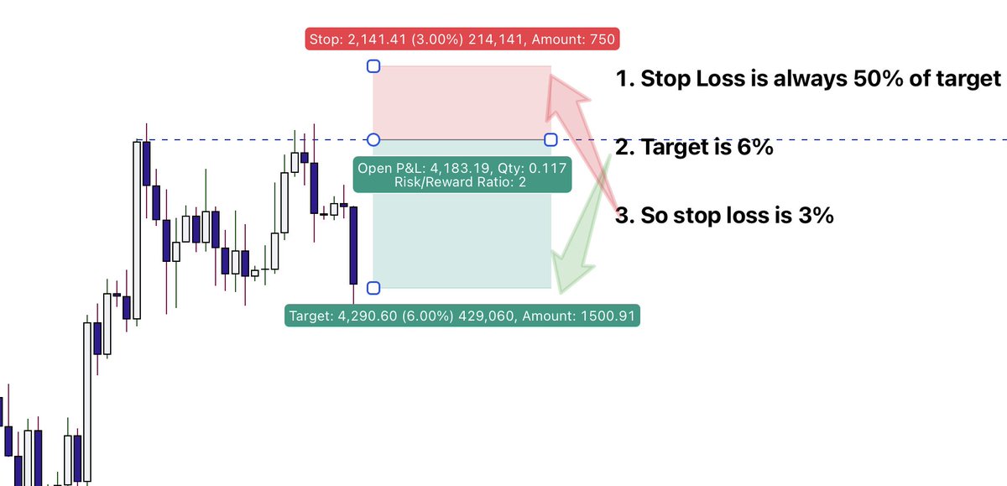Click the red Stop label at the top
(464, 39)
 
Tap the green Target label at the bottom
(463, 316)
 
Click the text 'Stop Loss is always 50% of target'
(809, 79)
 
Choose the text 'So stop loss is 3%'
(724, 216)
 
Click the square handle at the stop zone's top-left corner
(374, 66)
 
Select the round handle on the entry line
(374, 139)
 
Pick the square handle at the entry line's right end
(551, 139)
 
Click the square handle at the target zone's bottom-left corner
(374, 288)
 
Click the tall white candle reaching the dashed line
(137, 230)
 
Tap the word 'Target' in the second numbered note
(670, 148)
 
